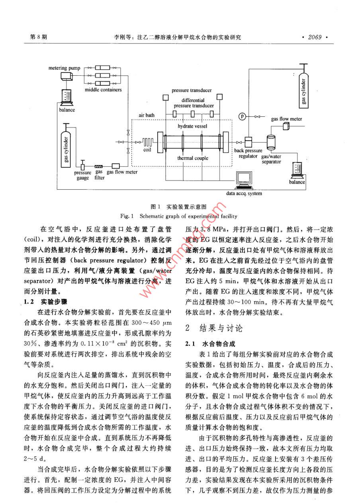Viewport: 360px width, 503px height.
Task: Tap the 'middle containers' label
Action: pyautogui.click(x=103, y=90)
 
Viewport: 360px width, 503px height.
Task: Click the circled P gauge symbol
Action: pyautogui.click(x=241, y=116)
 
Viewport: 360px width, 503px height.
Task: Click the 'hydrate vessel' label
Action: pyautogui.click(x=193, y=126)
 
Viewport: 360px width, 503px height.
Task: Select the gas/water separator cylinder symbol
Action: pyautogui.click(x=271, y=142)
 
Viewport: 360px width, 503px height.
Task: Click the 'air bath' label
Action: pyautogui.click(x=146, y=116)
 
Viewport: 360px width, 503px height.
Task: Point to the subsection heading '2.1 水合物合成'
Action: pyautogui.click(x=210, y=343)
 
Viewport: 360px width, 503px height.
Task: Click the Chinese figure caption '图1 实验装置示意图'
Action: pyautogui.click(x=179, y=207)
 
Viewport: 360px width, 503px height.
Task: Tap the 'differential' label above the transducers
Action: pyautogui.click(x=193, y=100)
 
